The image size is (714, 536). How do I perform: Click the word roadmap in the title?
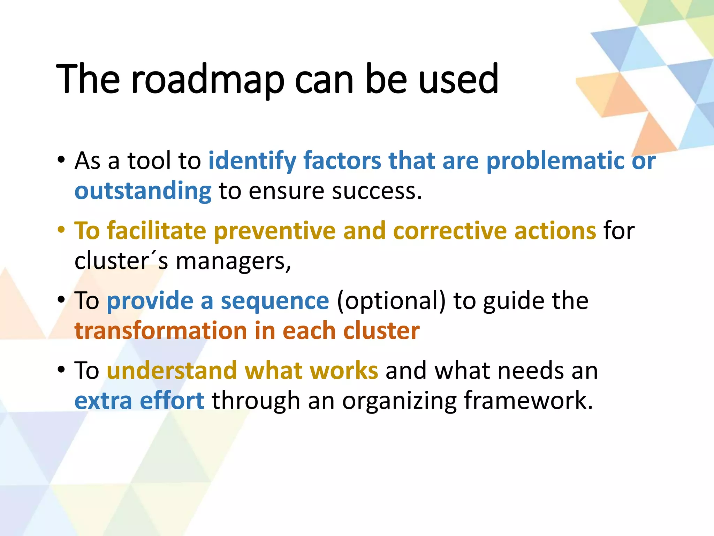(x=208, y=80)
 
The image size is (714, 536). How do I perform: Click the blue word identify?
(x=252, y=161)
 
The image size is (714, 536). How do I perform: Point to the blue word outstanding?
(x=143, y=191)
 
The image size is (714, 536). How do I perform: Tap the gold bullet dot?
(x=61, y=230)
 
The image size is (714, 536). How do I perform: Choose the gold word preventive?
(x=274, y=231)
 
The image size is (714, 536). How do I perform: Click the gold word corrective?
(x=450, y=231)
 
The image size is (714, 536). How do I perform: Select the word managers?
(x=233, y=261)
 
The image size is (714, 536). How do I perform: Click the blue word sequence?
(x=275, y=301)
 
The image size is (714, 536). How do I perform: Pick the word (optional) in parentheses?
(x=391, y=301)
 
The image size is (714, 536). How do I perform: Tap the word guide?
(x=514, y=301)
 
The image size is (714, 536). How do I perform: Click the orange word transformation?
(x=161, y=330)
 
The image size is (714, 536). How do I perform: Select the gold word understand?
(x=172, y=370)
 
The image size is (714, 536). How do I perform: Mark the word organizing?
(x=399, y=401)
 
